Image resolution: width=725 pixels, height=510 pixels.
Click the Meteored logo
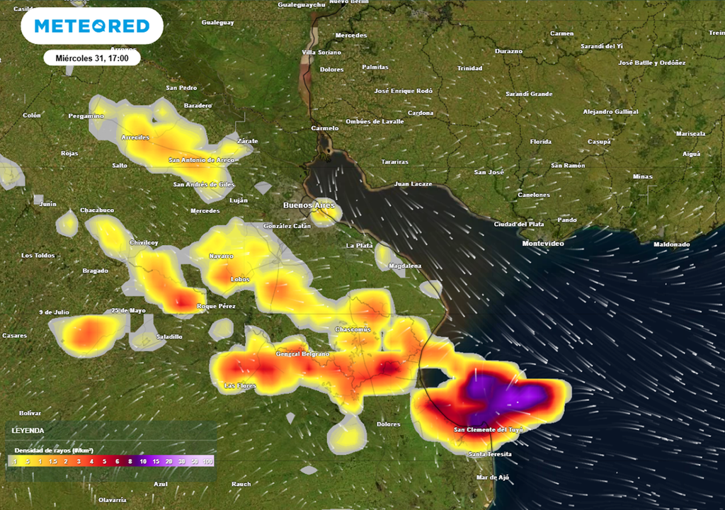tap(92, 26)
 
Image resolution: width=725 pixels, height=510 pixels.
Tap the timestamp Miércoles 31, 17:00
tap(92, 58)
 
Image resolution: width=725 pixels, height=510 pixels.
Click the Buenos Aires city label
tap(307, 205)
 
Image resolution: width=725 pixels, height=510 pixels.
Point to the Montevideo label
tap(542, 244)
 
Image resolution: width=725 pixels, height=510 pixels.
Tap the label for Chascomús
tap(352, 330)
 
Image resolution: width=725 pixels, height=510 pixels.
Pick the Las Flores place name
tap(239, 385)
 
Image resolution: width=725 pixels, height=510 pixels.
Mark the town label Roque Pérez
tap(215, 306)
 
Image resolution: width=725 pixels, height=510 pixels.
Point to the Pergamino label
tap(86, 115)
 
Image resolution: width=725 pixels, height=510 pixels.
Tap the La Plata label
tap(360, 245)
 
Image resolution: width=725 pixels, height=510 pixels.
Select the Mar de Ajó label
tap(492, 477)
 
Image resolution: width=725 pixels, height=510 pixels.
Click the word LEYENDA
tap(28, 431)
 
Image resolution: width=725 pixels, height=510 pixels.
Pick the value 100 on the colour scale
tap(208, 461)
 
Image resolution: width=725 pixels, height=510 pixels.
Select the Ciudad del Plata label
tap(519, 225)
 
